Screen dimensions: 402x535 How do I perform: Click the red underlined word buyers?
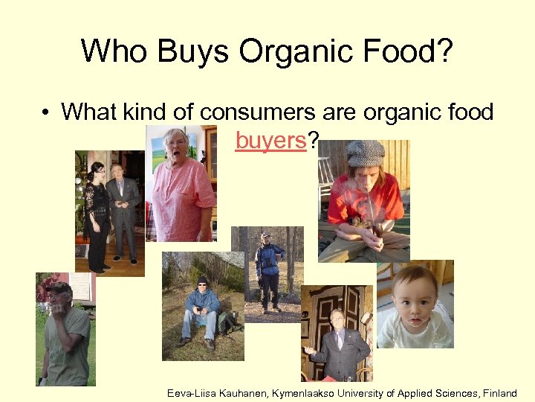(x=270, y=139)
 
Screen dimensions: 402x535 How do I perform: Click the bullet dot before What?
(x=46, y=113)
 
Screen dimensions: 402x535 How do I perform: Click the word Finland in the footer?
(x=499, y=392)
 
